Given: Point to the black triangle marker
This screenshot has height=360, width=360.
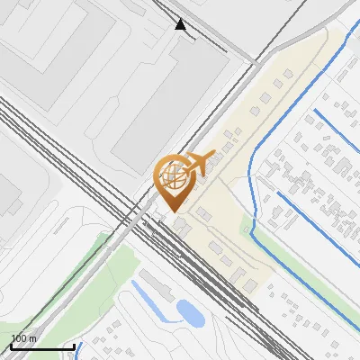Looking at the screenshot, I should [x=181, y=25].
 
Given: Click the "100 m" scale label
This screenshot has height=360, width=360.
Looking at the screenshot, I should [x=23, y=338].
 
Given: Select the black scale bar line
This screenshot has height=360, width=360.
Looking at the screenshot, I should [x=42, y=346].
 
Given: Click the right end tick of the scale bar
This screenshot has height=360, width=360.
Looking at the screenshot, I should [x=74, y=345].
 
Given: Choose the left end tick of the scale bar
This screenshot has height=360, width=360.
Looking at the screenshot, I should [x=11, y=345].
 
